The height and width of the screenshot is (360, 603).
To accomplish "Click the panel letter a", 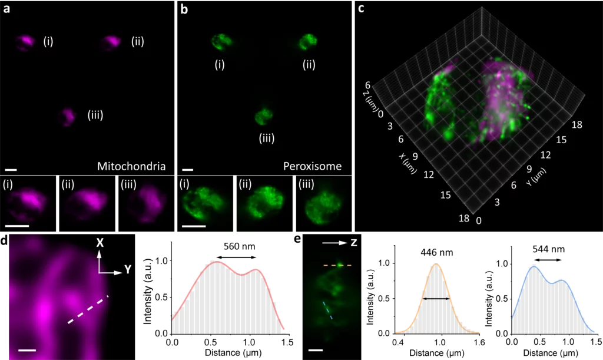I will pos(6,8).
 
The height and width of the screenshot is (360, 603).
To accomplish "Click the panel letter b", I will pos(184,8).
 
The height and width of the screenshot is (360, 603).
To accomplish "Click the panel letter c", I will pos(361,8).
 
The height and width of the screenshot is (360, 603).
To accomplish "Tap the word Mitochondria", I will pos(131,166).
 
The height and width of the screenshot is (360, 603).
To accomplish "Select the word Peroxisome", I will pos(312,166).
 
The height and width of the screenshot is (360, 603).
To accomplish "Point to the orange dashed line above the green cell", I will pos(337,266).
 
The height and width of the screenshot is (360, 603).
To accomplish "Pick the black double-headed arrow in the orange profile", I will pos(436,299).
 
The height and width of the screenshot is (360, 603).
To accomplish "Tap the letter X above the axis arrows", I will pos(100,242).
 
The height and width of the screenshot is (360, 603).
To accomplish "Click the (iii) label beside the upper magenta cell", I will pos(95,115).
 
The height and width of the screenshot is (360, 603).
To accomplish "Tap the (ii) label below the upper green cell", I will pos(308,65).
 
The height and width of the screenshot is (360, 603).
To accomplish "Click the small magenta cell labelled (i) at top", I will pos(26,42).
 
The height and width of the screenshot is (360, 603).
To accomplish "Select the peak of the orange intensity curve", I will pos(436,263).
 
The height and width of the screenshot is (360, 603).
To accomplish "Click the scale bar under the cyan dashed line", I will pos(316,349).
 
